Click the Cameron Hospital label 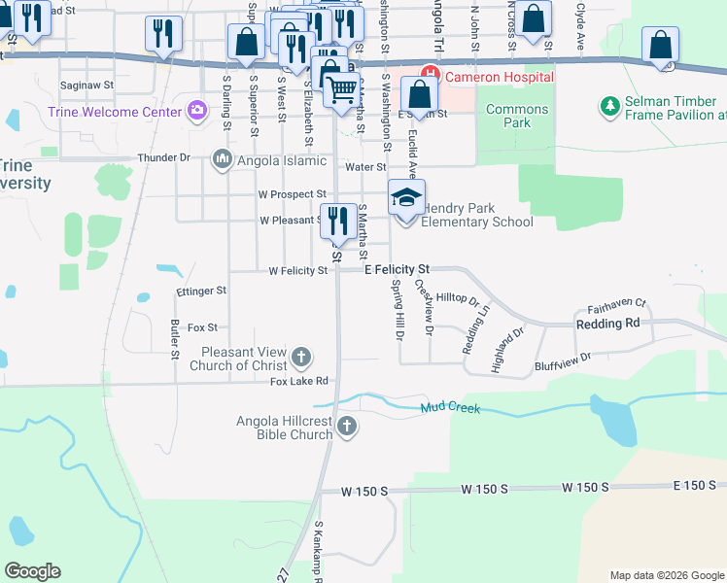[500, 77]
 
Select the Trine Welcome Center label [115, 112]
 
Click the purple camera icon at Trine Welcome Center [198, 111]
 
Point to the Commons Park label [517, 117]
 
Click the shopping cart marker [341, 90]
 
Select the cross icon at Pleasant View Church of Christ [301, 358]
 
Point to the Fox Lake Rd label [299, 382]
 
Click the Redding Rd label [607, 323]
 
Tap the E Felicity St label [397, 268]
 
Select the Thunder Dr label [164, 157]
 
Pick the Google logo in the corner [32, 571]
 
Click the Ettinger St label [201, 291]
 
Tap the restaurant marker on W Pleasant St [337, 222]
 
